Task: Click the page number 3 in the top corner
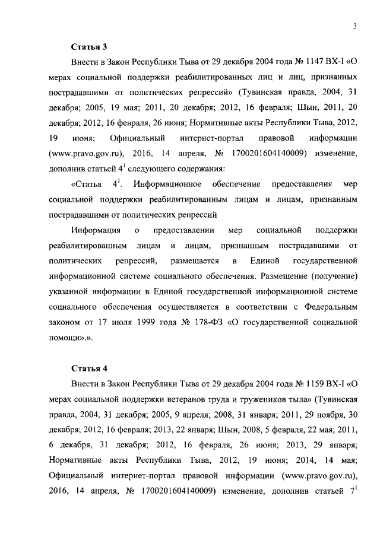[353, 26]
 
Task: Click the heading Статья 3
[88, 46]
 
